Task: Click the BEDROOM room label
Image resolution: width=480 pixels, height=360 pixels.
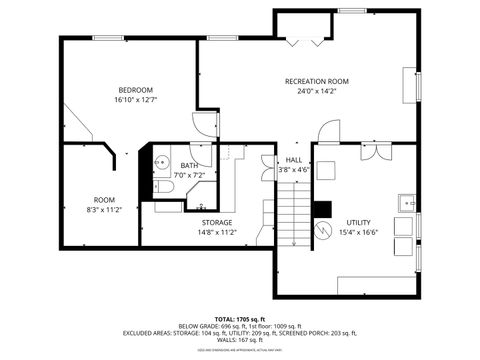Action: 136,89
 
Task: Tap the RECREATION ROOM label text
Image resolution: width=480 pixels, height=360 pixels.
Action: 316,81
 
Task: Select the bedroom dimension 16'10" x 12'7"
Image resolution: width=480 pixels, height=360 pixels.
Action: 136,100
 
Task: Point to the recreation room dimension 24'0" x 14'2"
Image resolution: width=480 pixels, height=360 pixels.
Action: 316,92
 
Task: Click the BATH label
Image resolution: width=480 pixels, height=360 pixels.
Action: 188,165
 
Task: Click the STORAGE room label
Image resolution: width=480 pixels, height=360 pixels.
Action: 217,222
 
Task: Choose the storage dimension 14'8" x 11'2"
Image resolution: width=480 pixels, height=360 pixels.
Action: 217,232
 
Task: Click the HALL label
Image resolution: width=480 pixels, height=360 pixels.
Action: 293,160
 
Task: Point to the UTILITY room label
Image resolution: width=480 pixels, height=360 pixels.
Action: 357,222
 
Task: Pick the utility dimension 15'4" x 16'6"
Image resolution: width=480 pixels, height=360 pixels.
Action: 357,232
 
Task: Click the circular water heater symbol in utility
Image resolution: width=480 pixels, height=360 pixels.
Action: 324,229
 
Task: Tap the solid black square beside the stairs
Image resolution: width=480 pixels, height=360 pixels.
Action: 321,209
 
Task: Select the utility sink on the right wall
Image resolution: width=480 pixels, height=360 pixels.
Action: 407,201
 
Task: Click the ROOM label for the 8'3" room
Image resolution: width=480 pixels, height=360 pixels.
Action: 104,199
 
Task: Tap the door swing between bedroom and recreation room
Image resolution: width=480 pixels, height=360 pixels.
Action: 205,126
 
